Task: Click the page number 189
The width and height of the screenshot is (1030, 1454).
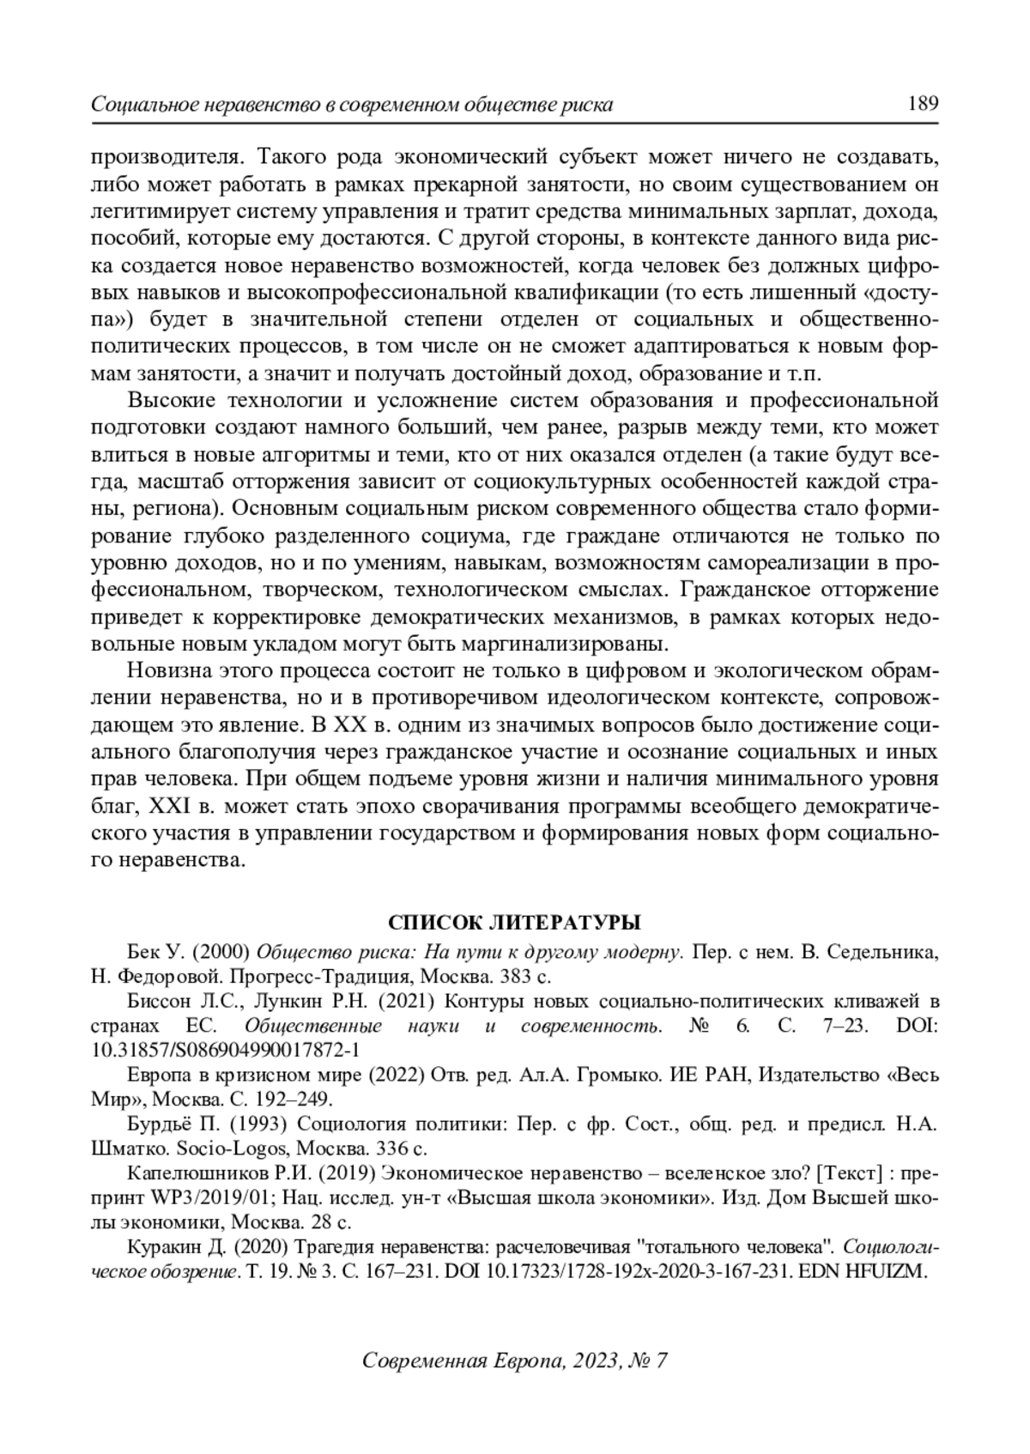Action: coord(922,105)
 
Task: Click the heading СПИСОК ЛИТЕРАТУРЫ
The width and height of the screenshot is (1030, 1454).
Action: coord(514,923)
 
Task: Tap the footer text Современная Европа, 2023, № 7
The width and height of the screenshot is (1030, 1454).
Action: coord(515,1360)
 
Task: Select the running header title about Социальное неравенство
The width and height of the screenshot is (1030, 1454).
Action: coord(352,106)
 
